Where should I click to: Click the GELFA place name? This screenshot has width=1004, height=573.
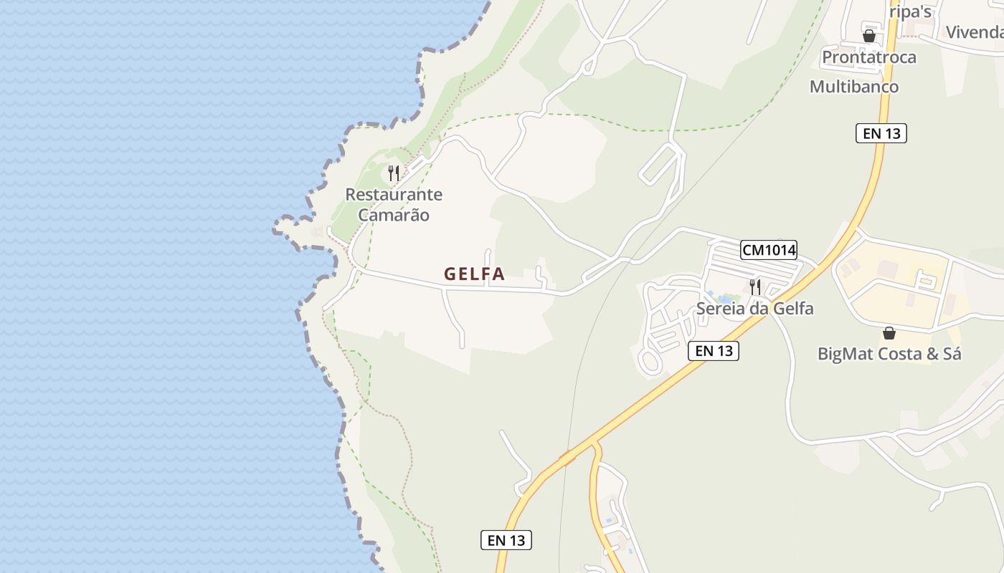tap(474, 274)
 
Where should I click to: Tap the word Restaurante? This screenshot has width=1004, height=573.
tap(394, 194)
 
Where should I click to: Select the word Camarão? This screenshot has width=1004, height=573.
tap(394, 214)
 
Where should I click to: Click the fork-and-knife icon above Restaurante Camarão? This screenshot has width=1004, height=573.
tap(393, 173)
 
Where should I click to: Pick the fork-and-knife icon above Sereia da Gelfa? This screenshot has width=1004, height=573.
tap(754, 287)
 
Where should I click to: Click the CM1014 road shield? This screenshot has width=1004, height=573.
tap(769, 250)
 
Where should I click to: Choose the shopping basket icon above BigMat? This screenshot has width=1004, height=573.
tap(889, 333)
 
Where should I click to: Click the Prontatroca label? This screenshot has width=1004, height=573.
tap(869, 57)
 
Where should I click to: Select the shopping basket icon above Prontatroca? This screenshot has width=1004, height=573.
tap(869, 36)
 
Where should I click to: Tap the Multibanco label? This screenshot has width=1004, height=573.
tap(853, 87)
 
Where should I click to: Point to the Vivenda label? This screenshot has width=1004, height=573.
tap(974, 32)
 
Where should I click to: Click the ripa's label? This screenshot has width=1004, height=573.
tap(910, 11)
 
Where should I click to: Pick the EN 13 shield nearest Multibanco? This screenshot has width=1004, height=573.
tap(881, 133)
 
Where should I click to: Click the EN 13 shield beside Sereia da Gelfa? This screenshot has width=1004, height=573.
tap(714, 351)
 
